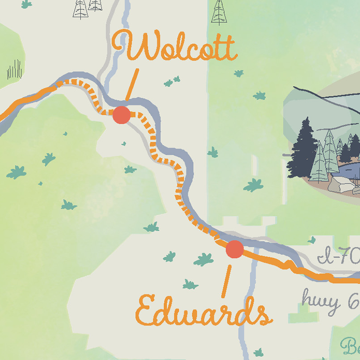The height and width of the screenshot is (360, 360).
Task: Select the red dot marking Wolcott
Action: tap(121, 115)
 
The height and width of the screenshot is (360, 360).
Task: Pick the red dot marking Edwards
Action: tap(234, 249)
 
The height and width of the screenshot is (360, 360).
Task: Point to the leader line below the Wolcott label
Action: tap(132, 83)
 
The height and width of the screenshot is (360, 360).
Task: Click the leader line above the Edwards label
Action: tap(226, 280)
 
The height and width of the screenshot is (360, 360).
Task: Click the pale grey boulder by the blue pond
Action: tap(342, 184)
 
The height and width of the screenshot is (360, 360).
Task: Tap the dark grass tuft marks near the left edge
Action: tap(14, 70)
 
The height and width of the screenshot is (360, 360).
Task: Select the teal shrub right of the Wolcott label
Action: tap(239, 73)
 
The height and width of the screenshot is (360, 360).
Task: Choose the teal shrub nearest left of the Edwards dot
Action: tap(204, 260)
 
